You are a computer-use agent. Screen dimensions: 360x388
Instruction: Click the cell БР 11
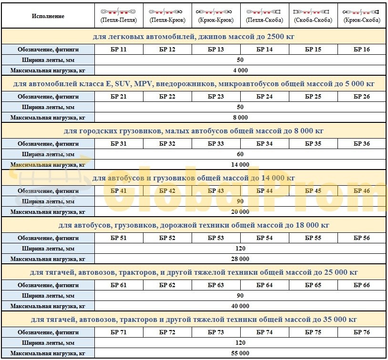[x=119, y=50]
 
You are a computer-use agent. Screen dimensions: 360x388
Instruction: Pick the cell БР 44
[x=265, y=191]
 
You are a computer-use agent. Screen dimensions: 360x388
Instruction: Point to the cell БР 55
[x=313, y=238]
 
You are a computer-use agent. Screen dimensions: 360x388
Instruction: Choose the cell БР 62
[x=167, y=285]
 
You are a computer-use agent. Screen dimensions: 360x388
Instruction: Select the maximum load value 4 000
[x=240, y=70]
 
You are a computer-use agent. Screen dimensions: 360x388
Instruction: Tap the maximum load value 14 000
[x=240, y=165]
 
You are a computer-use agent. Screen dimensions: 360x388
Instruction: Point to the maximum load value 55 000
[x=240, y=353]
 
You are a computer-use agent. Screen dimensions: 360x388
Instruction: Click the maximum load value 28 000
[x=240, y=259]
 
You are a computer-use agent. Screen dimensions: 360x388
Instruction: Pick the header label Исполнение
[x=48, y=16]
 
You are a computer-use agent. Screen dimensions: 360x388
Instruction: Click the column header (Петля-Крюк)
[x=167, y=20]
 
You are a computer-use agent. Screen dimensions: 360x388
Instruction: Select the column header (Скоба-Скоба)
[x=313, y=20]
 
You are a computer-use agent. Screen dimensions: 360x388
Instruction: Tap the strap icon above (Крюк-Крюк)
[x=216, y=11]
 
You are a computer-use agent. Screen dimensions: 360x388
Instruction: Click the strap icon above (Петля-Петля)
[x=119, y=11]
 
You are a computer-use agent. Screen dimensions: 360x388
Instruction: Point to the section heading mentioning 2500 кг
[x=194, y=36]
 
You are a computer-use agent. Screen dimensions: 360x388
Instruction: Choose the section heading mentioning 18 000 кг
[x=194, y=225]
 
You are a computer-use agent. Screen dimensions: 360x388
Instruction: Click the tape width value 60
[x=240, y=154]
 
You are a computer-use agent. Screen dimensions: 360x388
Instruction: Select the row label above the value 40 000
[x=48, y=296]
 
